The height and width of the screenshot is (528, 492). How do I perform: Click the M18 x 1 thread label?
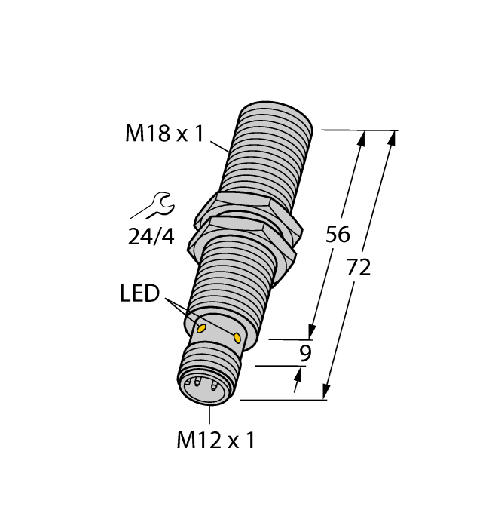164,135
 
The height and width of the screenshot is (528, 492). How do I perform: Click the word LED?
140,293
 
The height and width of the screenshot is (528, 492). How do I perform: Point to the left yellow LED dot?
202,328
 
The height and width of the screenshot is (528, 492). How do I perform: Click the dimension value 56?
337,235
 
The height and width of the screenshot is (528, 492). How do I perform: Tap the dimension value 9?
304,353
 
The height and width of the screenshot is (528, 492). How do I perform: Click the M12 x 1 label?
215,441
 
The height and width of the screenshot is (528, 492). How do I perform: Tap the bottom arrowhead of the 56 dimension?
310,331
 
